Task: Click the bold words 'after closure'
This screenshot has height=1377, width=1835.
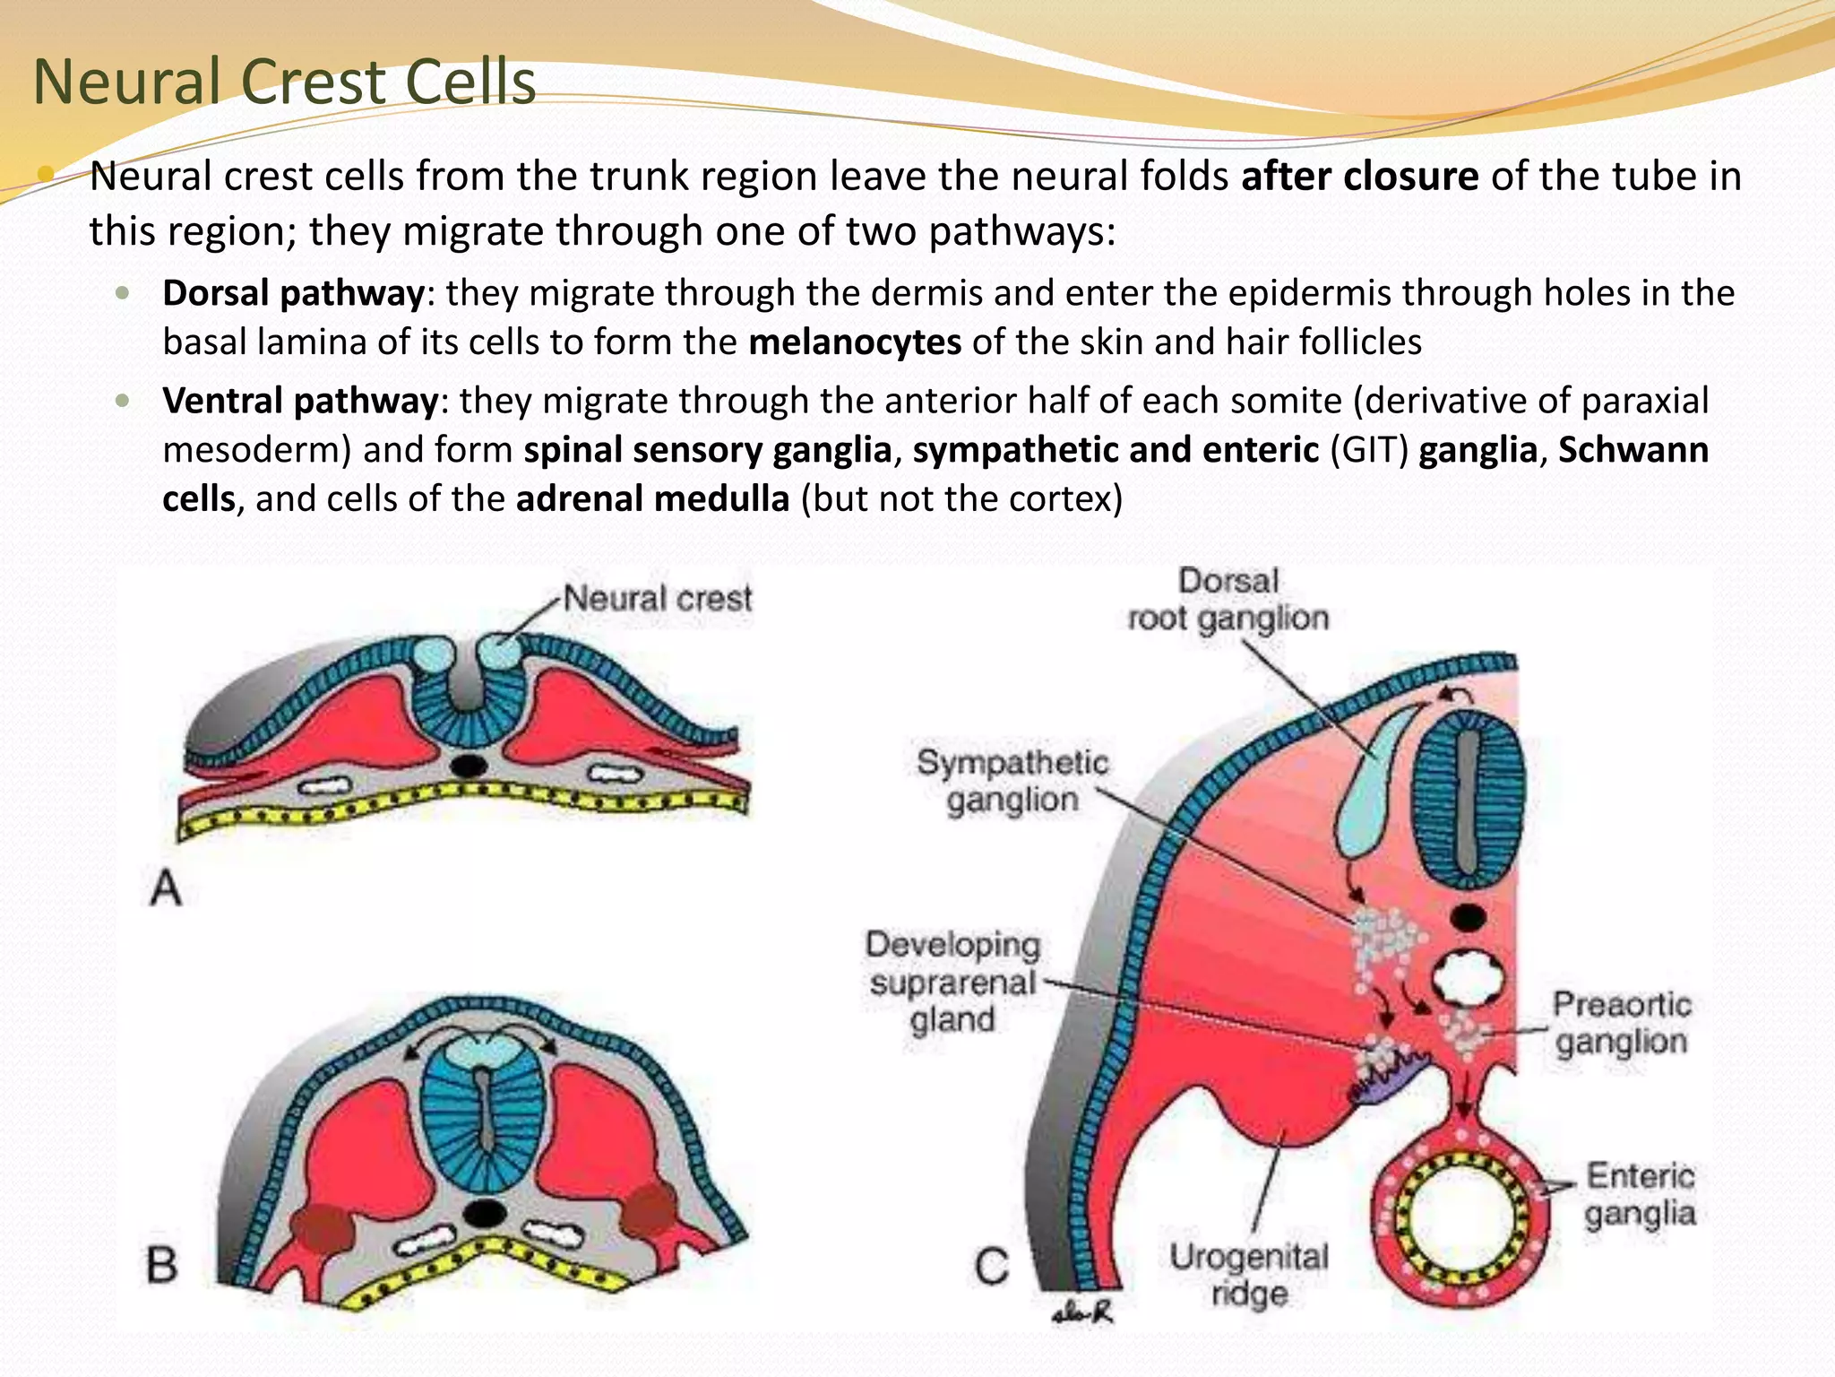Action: coord(1359,177)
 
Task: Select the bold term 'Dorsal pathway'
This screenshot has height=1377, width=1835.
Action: coord(293,293)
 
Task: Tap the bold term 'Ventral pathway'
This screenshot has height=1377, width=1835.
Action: coord(300,401)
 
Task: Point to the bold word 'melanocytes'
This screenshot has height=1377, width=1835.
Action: coord(855,342)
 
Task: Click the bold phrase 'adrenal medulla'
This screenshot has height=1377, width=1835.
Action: coord(652,498)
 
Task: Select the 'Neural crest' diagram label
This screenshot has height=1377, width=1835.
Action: coord(657,599)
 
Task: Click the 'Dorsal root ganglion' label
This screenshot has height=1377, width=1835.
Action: coord(1228,600)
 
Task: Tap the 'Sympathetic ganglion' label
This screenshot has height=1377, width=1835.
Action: coord(1012,781)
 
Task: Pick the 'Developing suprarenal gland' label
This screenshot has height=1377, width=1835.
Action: coord(952,982)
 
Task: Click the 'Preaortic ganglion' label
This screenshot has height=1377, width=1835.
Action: coord(1621,1023)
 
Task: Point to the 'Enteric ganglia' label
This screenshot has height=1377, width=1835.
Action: coord(1640,1194)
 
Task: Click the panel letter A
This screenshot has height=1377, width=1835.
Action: coord(166,889)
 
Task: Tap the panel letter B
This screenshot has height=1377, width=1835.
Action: coord(162,1265)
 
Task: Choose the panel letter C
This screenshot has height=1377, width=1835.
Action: coord(992,1267)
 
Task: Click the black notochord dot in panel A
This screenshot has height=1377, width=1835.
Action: coord(468,766)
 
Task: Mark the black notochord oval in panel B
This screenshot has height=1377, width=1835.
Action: coord(485,1212)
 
